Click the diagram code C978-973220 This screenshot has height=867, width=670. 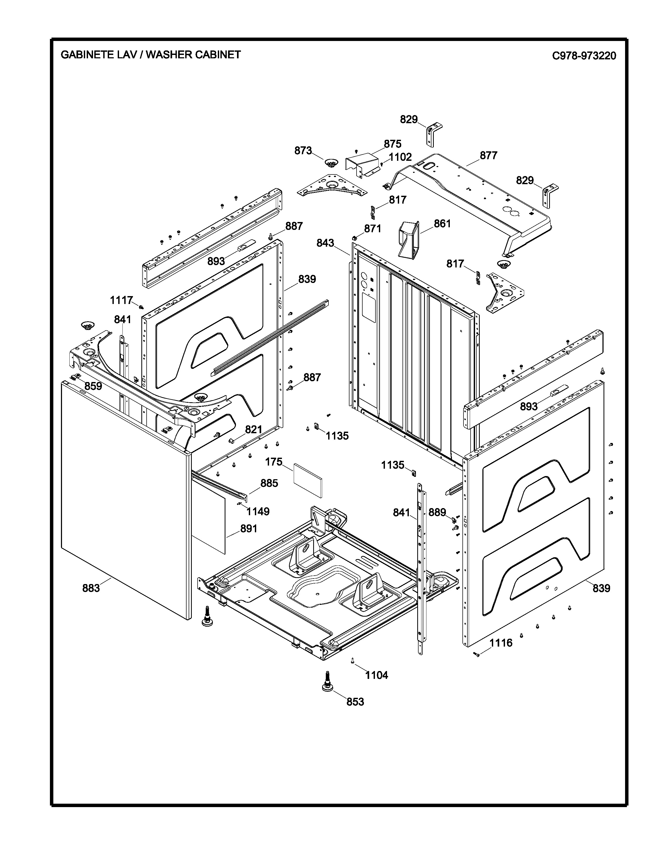[x=584, y=56]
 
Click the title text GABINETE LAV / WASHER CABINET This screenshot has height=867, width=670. [x=151, y=55]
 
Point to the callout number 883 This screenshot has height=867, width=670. [x=91, y=588]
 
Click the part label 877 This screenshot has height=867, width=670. [x=488, y=156]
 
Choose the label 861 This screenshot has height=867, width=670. [x=442, y=224]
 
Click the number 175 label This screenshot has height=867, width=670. [x=274, y=462]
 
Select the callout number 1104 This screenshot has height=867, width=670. [x=376, y=675]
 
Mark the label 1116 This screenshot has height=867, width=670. [x=501, y=643]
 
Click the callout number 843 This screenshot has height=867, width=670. [x=325, y=243]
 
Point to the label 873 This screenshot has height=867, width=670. [x=303, y=151]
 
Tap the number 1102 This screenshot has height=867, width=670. [x=400, y=157]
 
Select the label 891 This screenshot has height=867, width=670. [x=249, y=528]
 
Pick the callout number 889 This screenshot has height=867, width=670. [x=437, y=513]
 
